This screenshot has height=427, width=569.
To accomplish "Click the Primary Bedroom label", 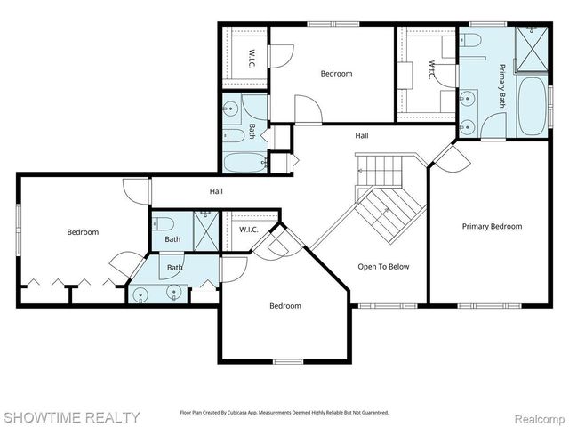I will pyautogui.click(x=492, y=226).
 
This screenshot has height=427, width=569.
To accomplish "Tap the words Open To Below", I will pyautogui.click(x=383, y=266).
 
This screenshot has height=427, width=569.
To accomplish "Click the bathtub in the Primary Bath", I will pyautogui.click(x=533, y=107).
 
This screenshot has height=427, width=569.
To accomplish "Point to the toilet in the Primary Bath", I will pyautogui.click(x=471, y=40).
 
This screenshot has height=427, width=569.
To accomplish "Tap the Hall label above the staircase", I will pyautogui.click(x=362, y=136).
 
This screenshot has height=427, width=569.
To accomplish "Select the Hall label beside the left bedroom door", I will pyautogui.click(x=216, y=191).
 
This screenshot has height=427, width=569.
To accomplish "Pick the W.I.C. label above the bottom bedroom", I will pyautogui.click(x=248, y=230).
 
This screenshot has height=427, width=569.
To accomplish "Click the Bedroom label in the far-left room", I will pyautogui.click(x=83, y=232).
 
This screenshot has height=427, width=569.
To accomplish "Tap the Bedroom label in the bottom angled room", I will pyautogui.click(x=285, y=306).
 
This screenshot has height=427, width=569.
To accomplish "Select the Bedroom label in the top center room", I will pyautogui.click(x=336, y=74).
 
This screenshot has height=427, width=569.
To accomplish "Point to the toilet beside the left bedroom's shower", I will pyautogui.click(x=167, y=224).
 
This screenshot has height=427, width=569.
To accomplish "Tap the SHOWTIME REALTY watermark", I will pyautogui.click(x=70, y=416).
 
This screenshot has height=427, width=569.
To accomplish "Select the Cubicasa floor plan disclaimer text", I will pyautogui.click(x=284, y=413).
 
